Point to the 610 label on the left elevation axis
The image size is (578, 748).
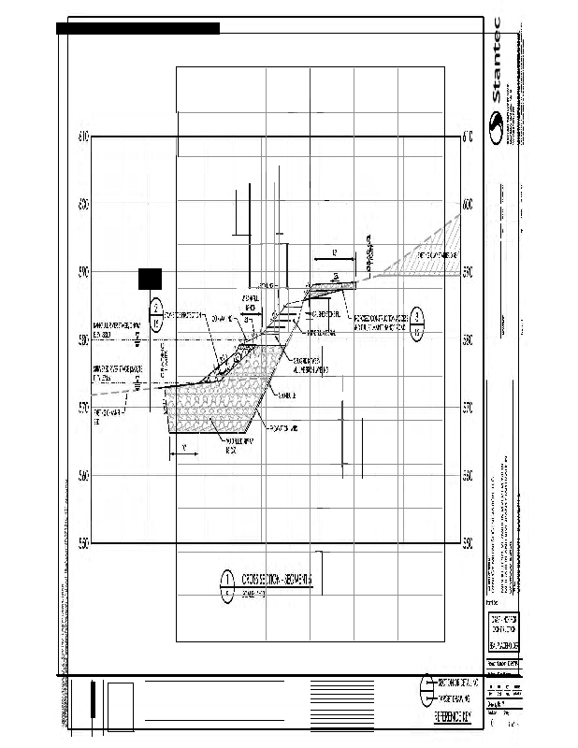82,137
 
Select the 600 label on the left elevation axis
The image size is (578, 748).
82,204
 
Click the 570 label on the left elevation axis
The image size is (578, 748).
82,408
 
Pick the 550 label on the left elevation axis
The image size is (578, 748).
82,543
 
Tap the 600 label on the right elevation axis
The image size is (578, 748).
468,204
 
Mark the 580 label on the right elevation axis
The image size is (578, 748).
468,340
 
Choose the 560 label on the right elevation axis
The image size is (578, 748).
468,476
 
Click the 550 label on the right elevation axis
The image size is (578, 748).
468,543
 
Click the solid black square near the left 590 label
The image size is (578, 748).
151,278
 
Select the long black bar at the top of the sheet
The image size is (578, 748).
137,28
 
